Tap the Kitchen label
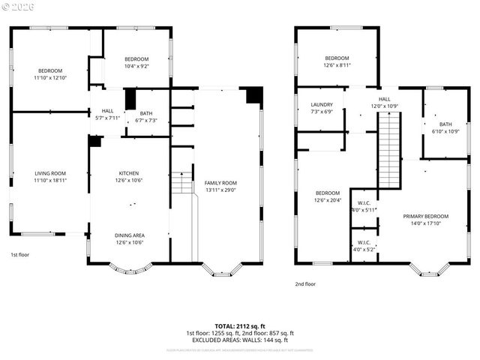129,174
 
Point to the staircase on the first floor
179,184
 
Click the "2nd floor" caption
305,284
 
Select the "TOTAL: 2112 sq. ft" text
240,326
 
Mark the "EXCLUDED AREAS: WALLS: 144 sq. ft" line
240,340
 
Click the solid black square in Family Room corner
254,95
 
